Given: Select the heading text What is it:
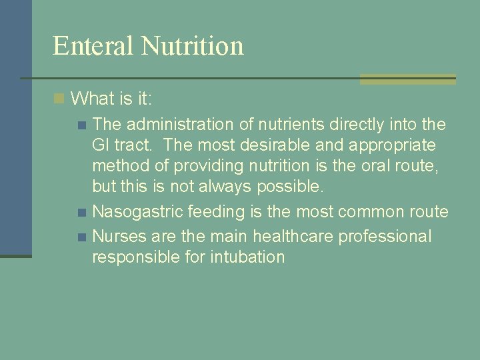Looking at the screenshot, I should [111, 99].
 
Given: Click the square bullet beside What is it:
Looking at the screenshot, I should [59, 99].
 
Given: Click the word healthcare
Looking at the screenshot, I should [275, 236].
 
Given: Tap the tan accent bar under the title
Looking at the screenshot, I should [407, 79].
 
